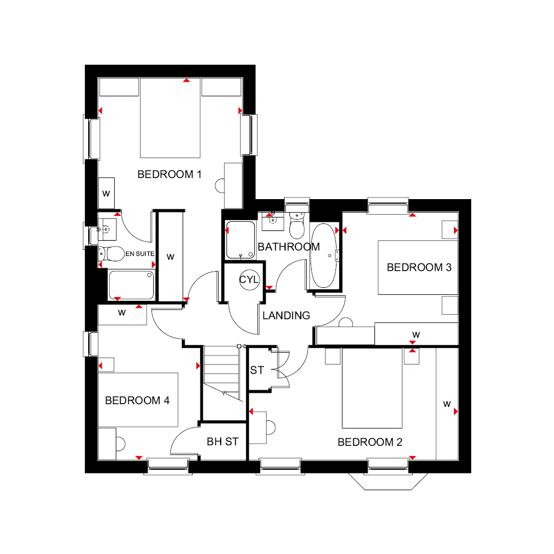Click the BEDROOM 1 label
click(169, 174)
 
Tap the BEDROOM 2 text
click(370, 442)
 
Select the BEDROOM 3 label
click(419, 267)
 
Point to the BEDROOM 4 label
click(137, 400)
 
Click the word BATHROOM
click(289, 247)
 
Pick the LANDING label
click(286, 315)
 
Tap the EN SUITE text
click(140, 254)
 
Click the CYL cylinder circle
click(249, 280)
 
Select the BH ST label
click(222, 441)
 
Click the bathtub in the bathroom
click(324, 255)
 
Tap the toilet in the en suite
click(111, 254)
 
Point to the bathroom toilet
click(297, 226)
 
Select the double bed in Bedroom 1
click(170, 118)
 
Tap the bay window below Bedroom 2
click(388, 481)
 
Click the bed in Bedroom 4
click(138, 400)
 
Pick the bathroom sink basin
click(273, 221)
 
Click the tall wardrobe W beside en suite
click(170, 256)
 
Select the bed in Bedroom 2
click(372, 388)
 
